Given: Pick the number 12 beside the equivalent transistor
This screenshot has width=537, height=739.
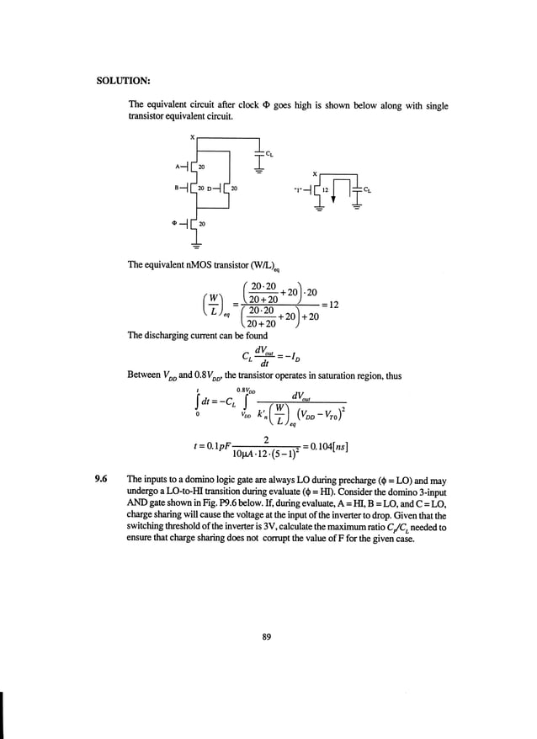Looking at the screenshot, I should point(325,189).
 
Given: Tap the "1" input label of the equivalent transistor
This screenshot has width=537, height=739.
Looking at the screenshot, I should point(296,189).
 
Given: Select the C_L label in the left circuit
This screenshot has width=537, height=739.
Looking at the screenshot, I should point(269,154).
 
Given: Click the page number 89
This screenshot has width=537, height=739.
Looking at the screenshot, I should point(267,636).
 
